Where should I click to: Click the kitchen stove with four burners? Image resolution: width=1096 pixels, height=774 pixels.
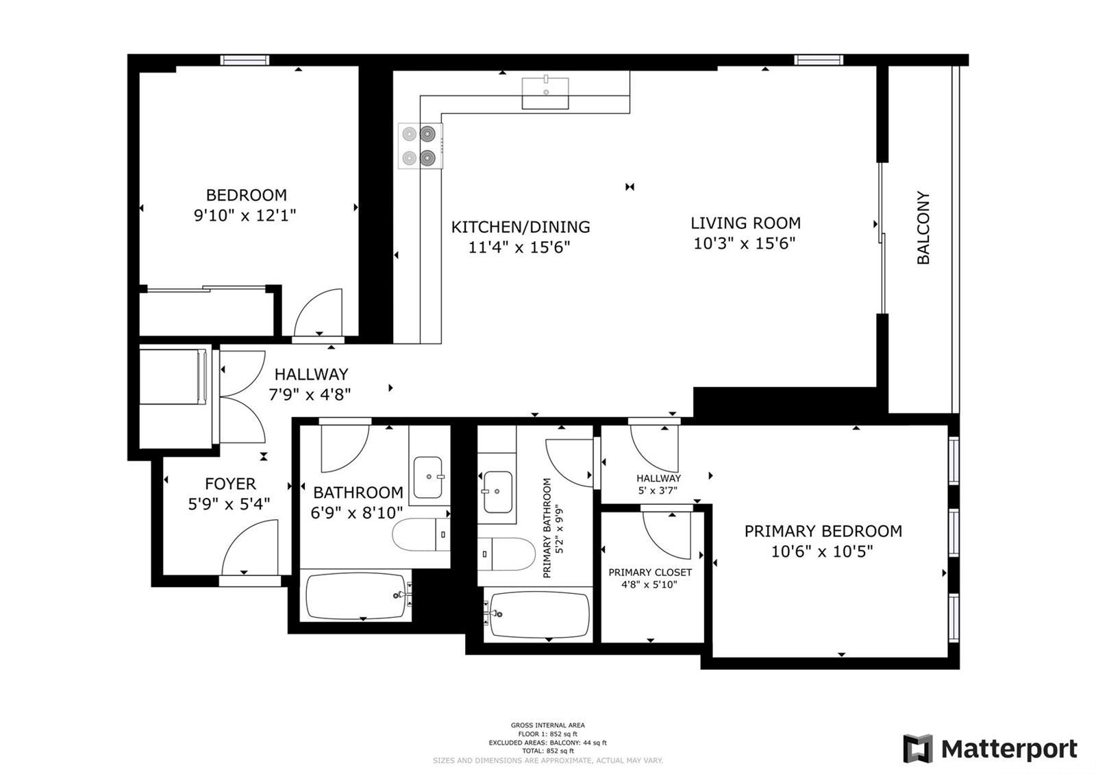point(419,146)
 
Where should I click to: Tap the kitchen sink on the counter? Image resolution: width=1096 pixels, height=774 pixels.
point(545,93)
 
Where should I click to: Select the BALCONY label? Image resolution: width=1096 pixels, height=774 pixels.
point(923,227)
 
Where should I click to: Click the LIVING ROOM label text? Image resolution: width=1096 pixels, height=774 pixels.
point(745,223)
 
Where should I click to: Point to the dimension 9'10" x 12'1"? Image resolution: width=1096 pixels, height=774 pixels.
point(245,215)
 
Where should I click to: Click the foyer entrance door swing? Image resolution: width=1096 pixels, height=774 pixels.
point(250,548)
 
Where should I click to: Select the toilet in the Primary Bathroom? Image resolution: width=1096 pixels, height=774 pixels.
point(507,553)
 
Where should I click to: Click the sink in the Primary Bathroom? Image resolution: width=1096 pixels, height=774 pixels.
point(497,491)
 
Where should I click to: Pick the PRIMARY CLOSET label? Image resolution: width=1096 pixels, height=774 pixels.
point(650,572)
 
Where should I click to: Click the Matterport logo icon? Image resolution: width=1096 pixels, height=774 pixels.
point(917,749)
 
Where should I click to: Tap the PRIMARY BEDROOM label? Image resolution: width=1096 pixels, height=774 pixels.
point(823,531)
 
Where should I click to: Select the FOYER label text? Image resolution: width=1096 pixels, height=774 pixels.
point(230,484)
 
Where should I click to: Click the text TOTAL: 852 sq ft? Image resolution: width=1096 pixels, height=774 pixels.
point(547,751)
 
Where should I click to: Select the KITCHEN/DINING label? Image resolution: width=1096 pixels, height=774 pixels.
point(520,227)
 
